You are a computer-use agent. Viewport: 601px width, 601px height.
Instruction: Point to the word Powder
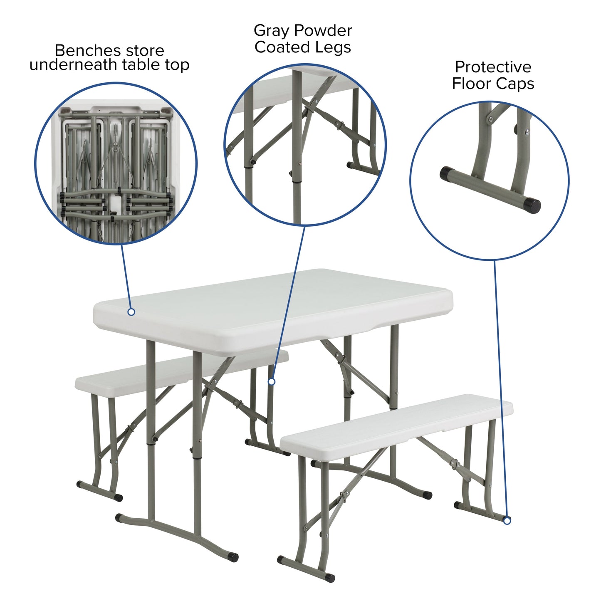click(322, 31)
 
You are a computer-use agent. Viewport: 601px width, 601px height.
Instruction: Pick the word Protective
click(493, 67)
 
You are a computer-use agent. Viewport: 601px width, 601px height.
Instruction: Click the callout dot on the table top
click(131, 312)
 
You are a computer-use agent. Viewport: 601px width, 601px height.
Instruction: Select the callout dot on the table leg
click(272, 381)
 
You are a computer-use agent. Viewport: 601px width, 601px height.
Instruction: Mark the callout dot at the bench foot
click(507, 520)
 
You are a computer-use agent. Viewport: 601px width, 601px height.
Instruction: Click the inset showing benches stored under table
click(116, 163)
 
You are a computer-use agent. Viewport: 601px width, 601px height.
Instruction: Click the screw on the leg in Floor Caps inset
click(527, 132)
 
